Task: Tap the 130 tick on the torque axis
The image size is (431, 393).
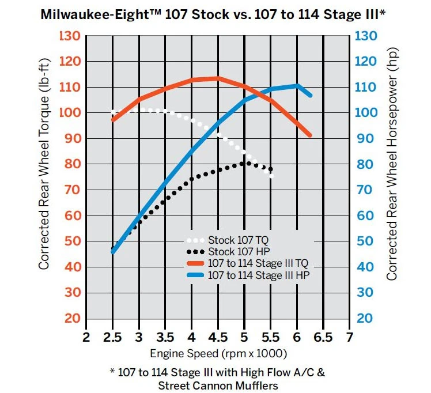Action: [70, 36]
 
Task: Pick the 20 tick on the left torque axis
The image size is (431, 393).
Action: [72, 319]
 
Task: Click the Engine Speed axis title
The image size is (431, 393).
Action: [218, 353]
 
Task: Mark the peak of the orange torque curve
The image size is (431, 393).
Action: [217, 78]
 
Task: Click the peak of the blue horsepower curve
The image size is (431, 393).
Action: [297, 86]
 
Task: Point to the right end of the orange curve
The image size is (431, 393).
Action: [310, 135]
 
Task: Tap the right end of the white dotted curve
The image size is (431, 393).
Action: [271, 176]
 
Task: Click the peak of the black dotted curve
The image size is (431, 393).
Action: [246, 163]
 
